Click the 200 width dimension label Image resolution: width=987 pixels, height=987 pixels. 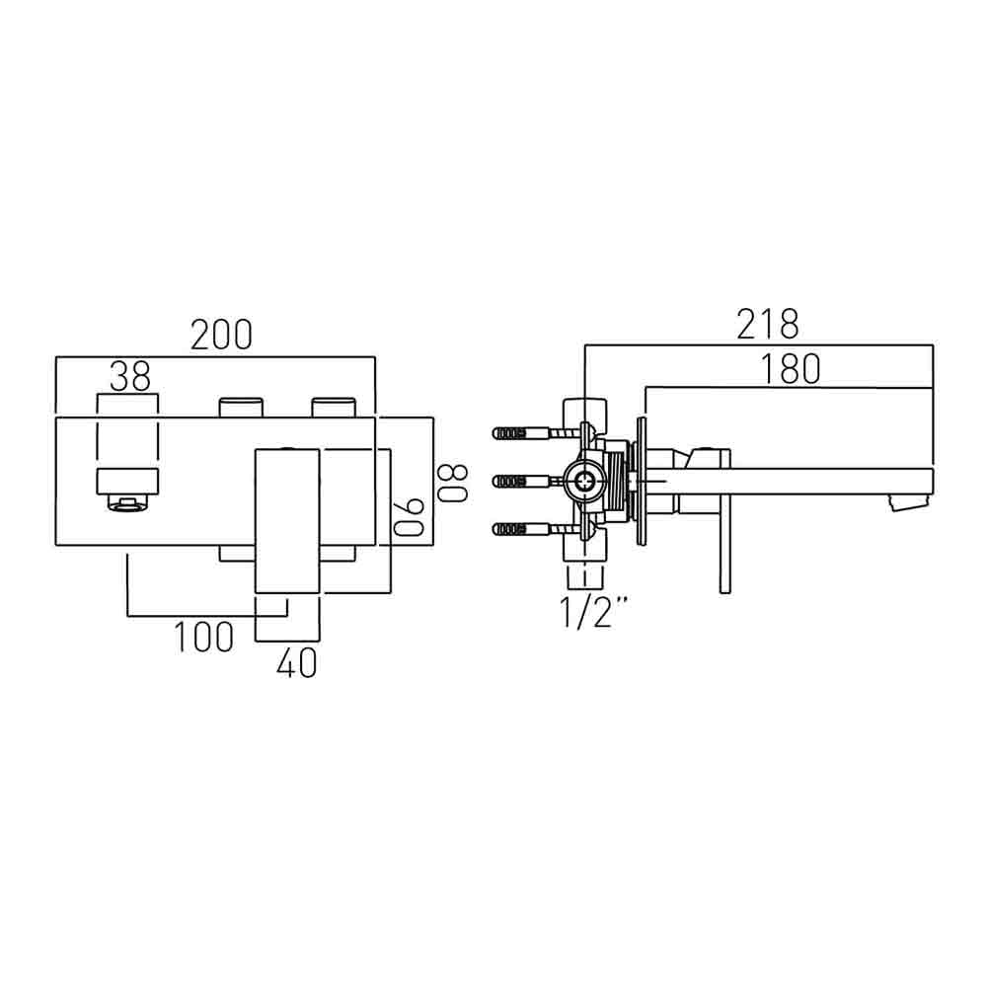[x=221, y=336]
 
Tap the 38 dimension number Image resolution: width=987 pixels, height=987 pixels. [x=129, y=376]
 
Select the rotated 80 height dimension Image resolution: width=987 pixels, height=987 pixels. [x=452, y=483]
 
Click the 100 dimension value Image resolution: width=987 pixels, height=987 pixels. [x=204, y=638]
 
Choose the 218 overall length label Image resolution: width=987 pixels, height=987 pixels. [x=767, y=324]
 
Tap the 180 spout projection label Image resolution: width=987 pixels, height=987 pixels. [x=790, y=368]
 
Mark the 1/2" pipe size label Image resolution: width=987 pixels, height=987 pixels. [x=596, y=614]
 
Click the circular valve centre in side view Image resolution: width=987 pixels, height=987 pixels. [x=585, y=481]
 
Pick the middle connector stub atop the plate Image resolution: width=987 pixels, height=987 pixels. [x=241, y=407]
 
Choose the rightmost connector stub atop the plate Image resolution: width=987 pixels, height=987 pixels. [x=335, y=407]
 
